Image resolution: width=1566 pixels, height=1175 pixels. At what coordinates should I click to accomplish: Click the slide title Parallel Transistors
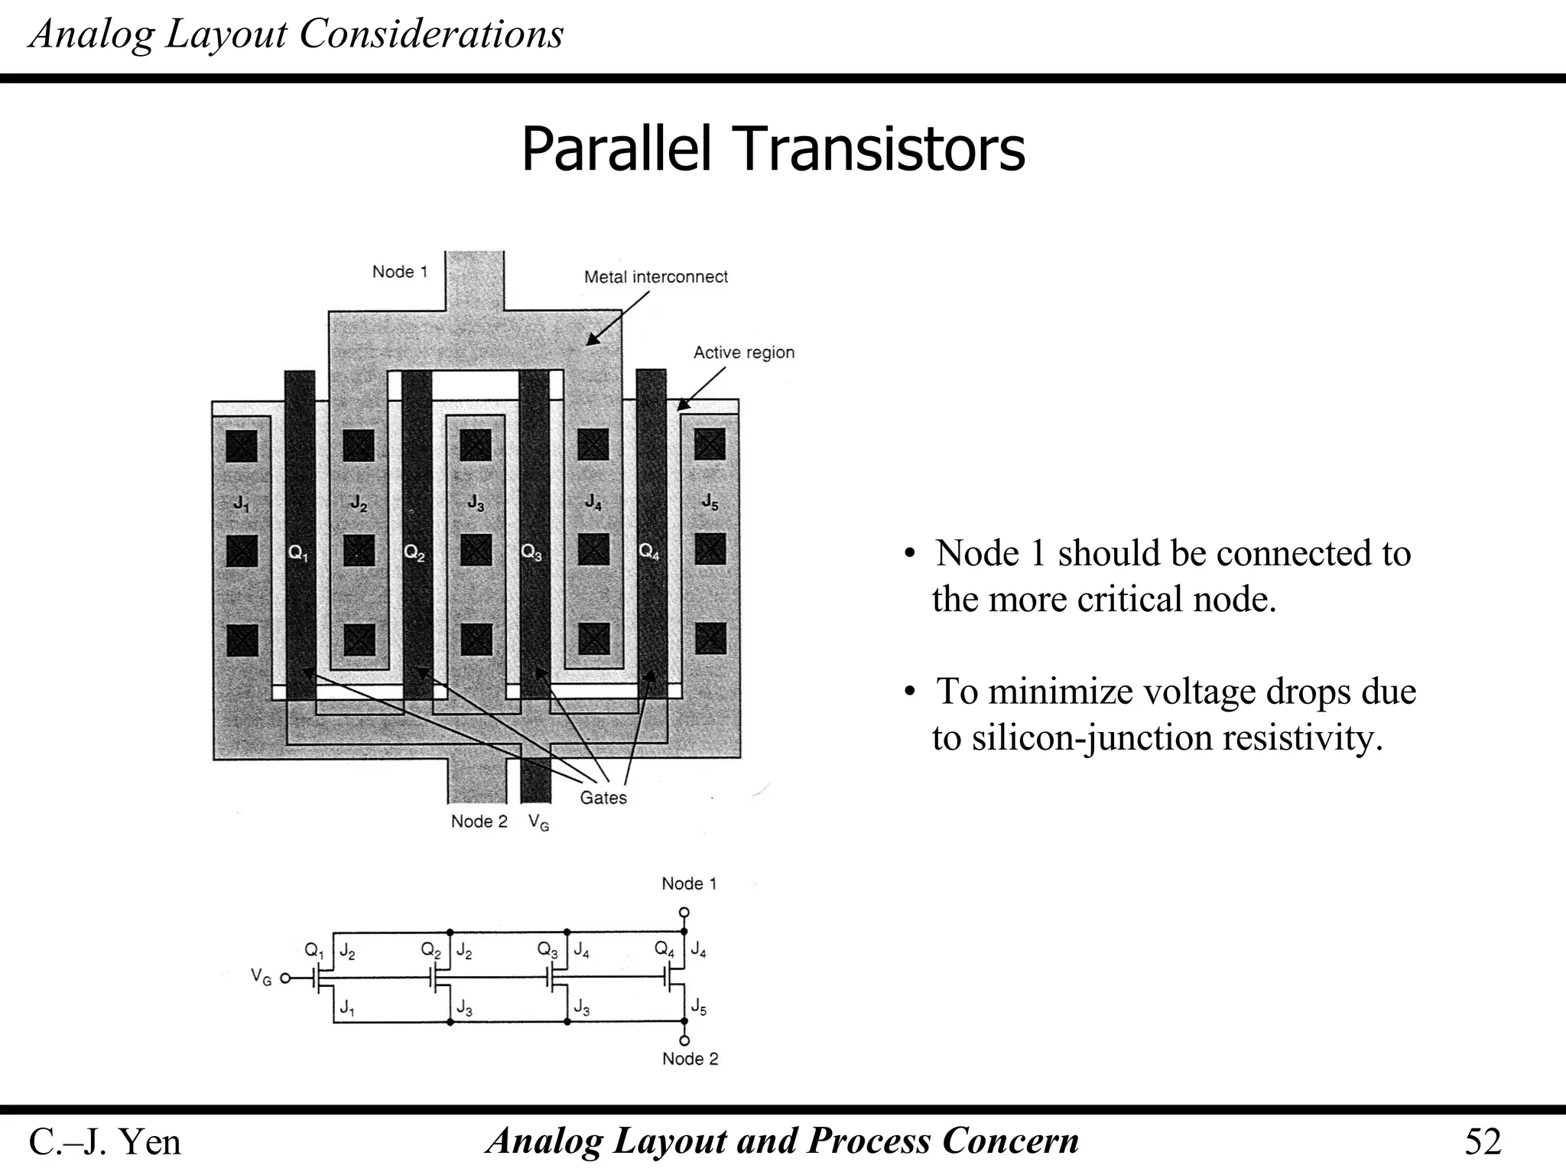(x=772, y=150)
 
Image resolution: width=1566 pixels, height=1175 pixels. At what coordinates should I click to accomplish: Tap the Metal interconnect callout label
(x=655, y=277)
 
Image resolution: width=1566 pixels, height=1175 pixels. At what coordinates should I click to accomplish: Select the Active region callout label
(x=743, y=353)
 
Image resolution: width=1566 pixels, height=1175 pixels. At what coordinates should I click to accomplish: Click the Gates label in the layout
(x=603, y=798)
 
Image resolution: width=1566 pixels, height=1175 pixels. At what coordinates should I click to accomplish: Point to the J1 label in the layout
(x=241, y=503)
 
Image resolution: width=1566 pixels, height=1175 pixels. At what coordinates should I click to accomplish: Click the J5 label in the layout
(x=710, y=502)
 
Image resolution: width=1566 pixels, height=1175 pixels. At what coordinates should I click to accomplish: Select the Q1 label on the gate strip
(x=298, y=552)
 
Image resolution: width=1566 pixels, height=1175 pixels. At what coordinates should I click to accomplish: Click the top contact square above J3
(x=476, y=445)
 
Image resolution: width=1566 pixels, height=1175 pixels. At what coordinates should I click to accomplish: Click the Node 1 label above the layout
(x=399, y=272)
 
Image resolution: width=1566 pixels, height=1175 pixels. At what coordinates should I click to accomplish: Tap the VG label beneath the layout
(x=538, y=822)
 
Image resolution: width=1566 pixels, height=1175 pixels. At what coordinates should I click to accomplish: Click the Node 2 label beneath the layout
(x=479, y=822)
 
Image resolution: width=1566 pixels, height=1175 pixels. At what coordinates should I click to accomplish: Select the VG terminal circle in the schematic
(x=285, y=978)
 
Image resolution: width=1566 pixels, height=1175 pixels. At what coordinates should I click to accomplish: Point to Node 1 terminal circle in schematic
(x=684, y=913)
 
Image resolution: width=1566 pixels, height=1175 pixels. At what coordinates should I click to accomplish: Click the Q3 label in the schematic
(x=547, y=950)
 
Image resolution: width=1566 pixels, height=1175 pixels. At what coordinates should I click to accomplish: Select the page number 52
(x=1483, y=1142)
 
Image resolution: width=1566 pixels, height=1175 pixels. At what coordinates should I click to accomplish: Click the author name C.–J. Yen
(x=105, y=1142)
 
